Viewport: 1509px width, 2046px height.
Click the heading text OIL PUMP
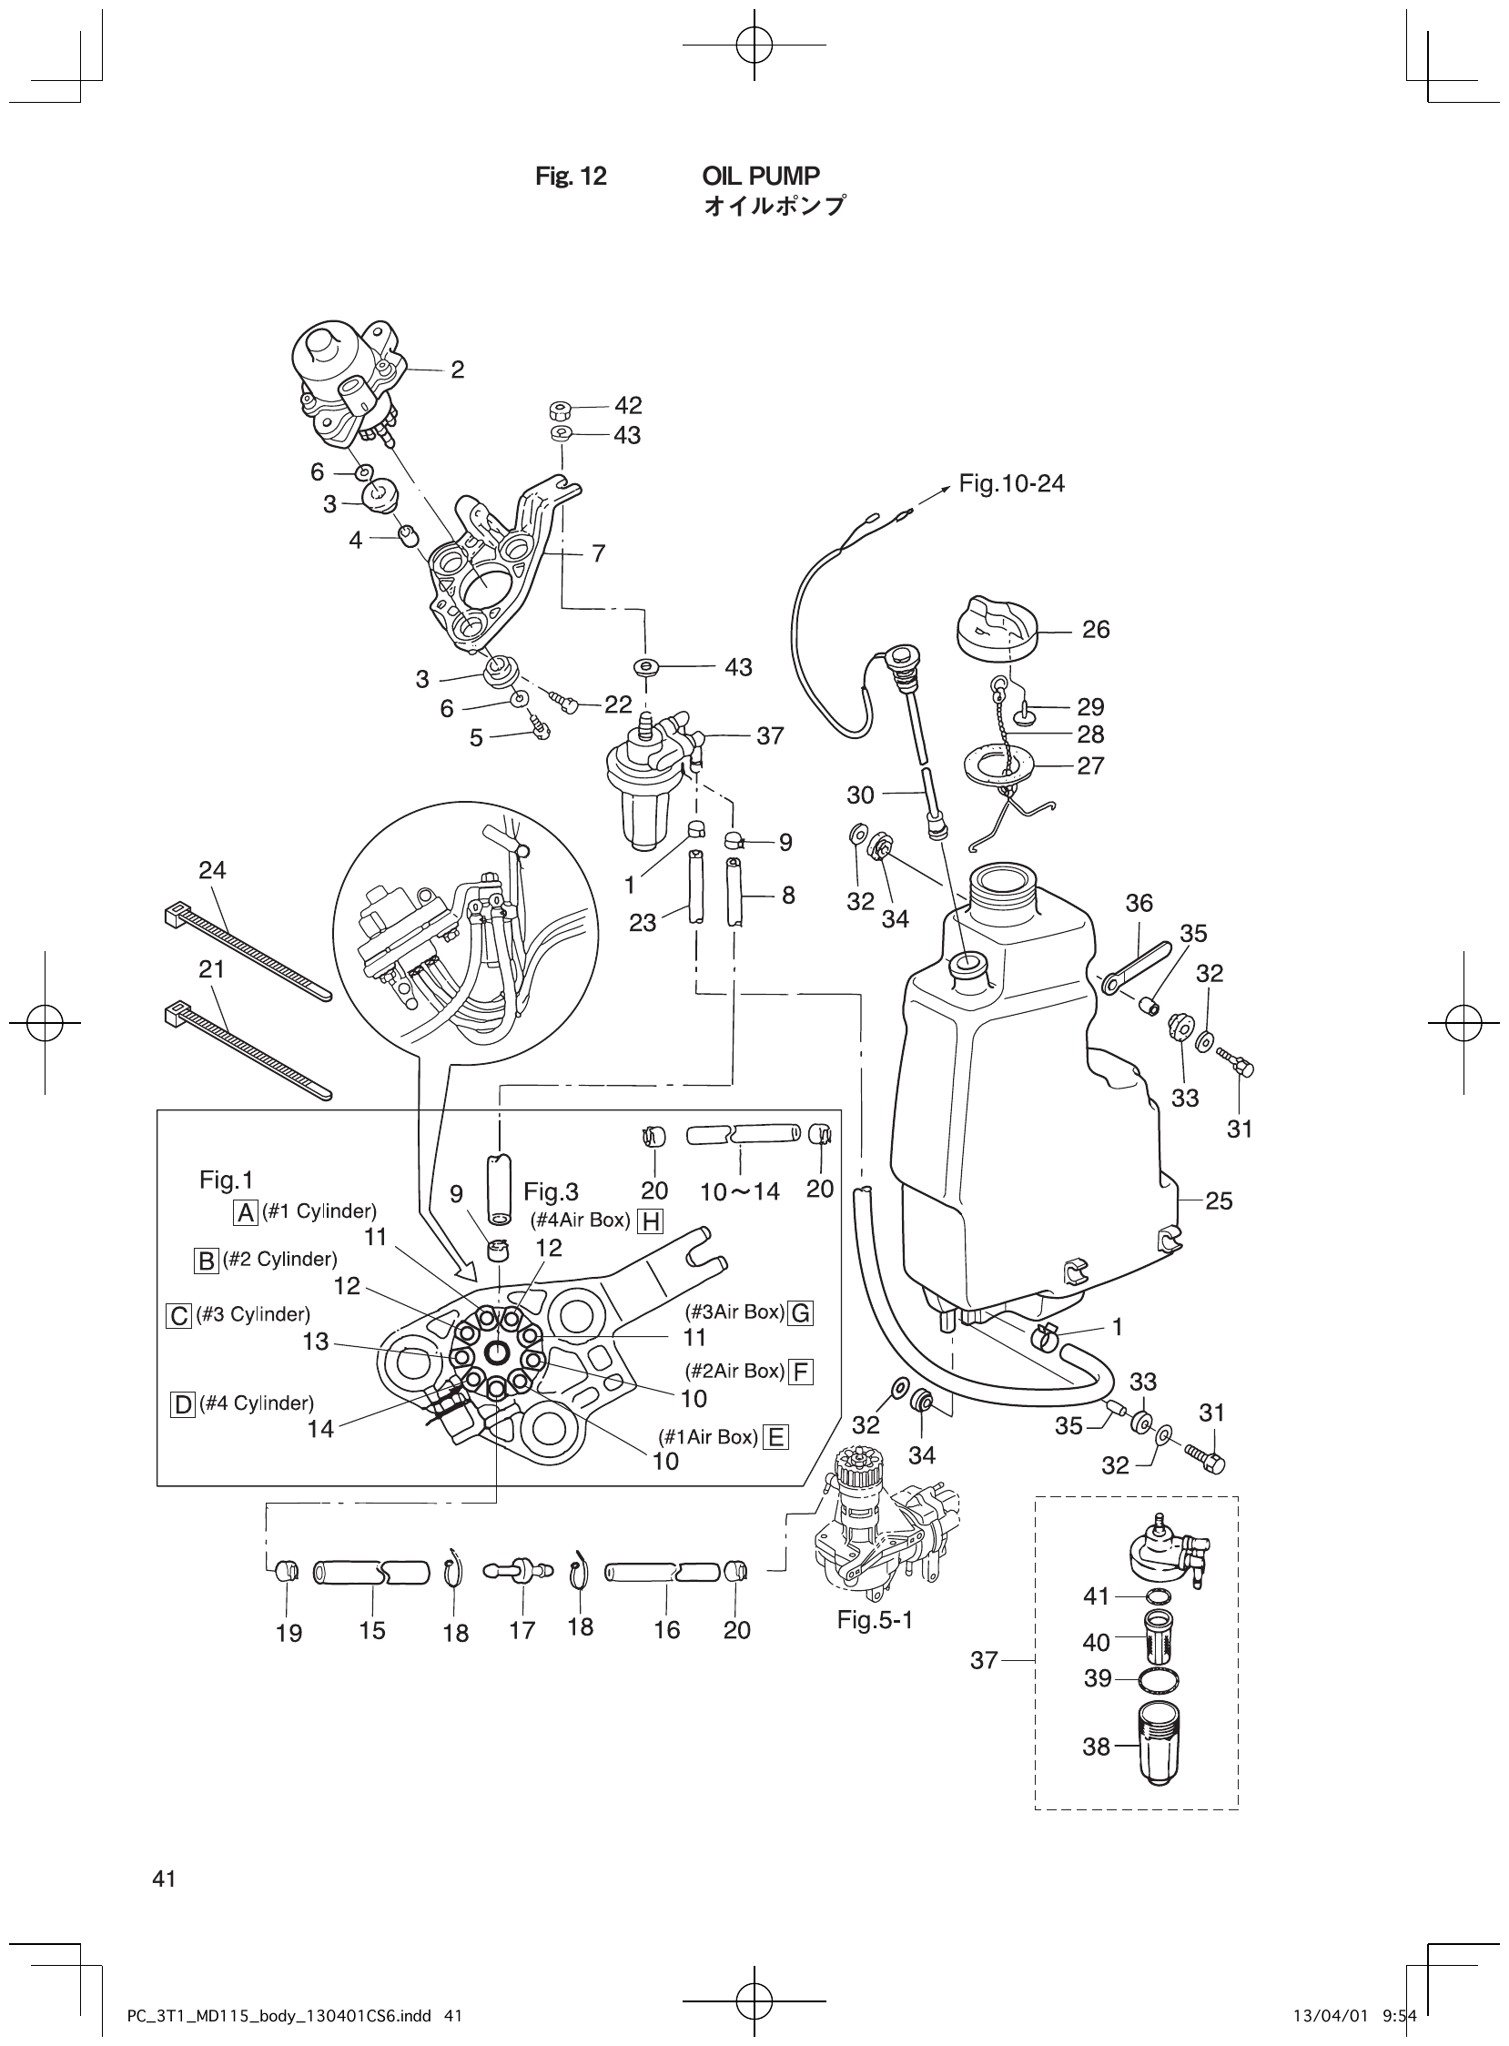pos(760,176)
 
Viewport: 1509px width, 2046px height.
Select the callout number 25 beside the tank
pos(1219,1200)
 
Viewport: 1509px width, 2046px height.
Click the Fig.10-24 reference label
pos(1011,483)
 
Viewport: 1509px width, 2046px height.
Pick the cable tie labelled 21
pos(247,1051)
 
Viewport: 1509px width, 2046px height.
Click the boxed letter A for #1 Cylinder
pos(246,1212)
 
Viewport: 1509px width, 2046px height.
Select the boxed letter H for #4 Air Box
pos(651,1221)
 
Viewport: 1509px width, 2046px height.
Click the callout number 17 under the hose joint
pos(522,1630)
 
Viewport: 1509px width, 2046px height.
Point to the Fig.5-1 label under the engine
pos(875,1620)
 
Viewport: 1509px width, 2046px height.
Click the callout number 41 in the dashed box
pos(1096,1595)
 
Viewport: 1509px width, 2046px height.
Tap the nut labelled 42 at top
pos(562,409)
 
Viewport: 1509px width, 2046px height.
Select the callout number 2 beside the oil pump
pos(457,369)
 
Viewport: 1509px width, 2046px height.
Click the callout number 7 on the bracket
pos(598,552)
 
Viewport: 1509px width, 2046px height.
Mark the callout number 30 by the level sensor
pos(860,795)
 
